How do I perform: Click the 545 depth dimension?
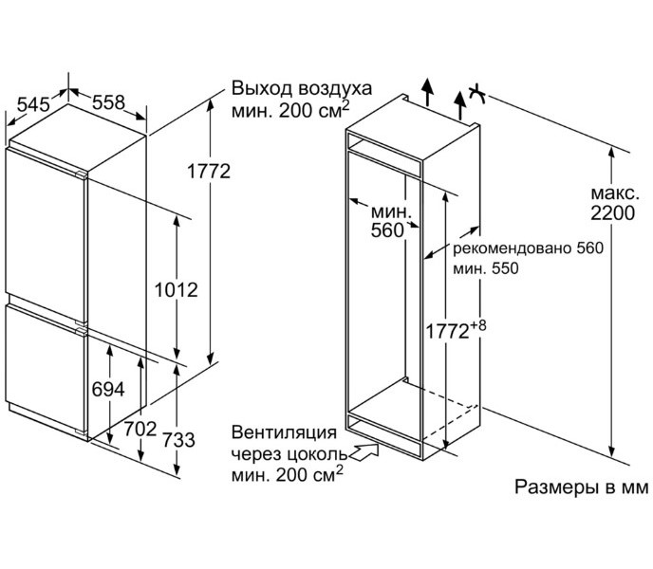pyautogui.click(x=32, y=105)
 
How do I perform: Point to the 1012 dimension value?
pyautogui.click(x=177, y=289)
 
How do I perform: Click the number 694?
pyautogui.click(x=107, y=390)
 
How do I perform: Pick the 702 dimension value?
pyautogui.click(x=140, y=429)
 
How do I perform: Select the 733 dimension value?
pyautogui.click(x=177, y=440)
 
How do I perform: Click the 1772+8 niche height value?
pyautogui.click(x=455, y=331)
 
